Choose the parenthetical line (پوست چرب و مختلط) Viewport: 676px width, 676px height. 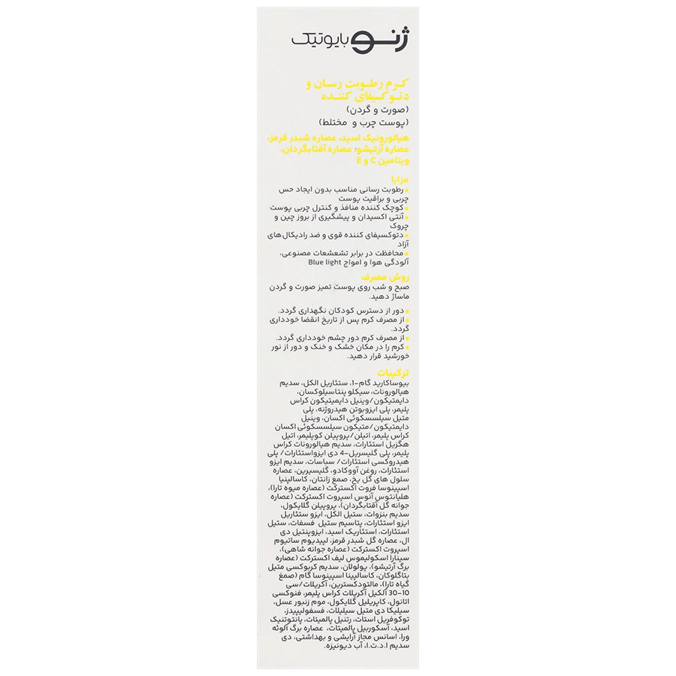coord(354,122)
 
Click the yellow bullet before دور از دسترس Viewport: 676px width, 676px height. coord(403,309)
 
